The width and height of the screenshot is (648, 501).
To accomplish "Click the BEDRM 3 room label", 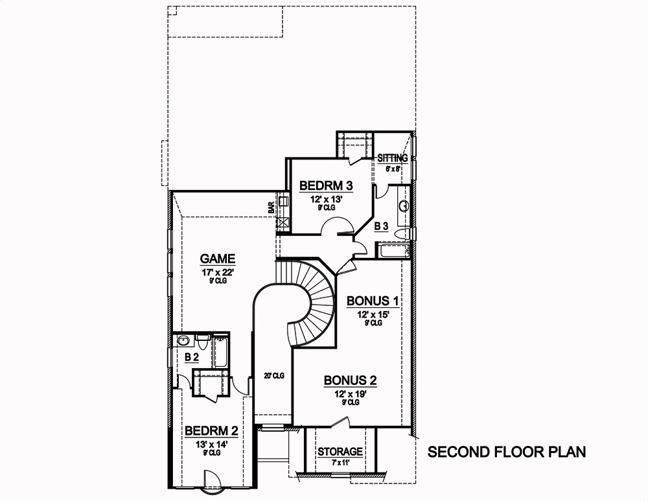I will (x=326, y=187).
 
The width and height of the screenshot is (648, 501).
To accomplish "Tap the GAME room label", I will (x=216, y=257).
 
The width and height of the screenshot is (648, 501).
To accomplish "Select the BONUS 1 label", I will (x=372, y=301).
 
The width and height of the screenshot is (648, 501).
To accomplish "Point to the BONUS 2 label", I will (x=350, y=380).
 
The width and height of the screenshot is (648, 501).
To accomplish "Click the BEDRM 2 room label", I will (x=211, y=431).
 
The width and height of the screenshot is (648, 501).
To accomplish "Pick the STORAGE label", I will (x=340, y=452).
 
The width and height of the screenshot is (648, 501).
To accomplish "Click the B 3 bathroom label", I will (x=382, y=226).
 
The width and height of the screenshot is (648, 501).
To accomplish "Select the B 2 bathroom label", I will (x=191, y=357).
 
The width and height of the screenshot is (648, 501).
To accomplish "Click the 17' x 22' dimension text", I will (x=216, y=273).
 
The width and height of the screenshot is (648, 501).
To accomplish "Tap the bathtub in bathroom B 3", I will (x=394, y=251).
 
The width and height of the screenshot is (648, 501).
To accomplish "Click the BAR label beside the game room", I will (x=272, y=207).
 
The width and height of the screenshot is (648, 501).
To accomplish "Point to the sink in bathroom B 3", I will (x=404, y=206).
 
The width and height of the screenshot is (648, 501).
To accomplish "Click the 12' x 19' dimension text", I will (x=350, y=394).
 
